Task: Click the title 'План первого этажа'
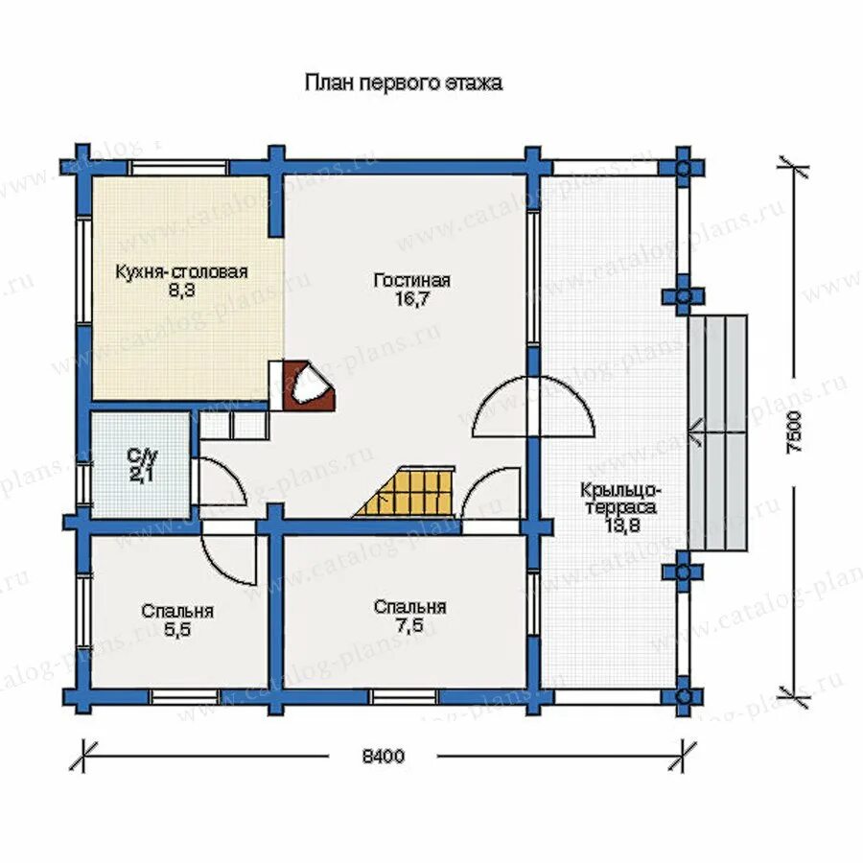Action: [403, 83]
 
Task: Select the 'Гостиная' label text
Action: [412, 281]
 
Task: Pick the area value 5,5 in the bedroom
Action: [177, 630]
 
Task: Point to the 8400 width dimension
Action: [384, 756]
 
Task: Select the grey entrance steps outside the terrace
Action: [717, 431]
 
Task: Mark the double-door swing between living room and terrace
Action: [532, 408]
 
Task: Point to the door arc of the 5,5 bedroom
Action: [230, 556]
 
